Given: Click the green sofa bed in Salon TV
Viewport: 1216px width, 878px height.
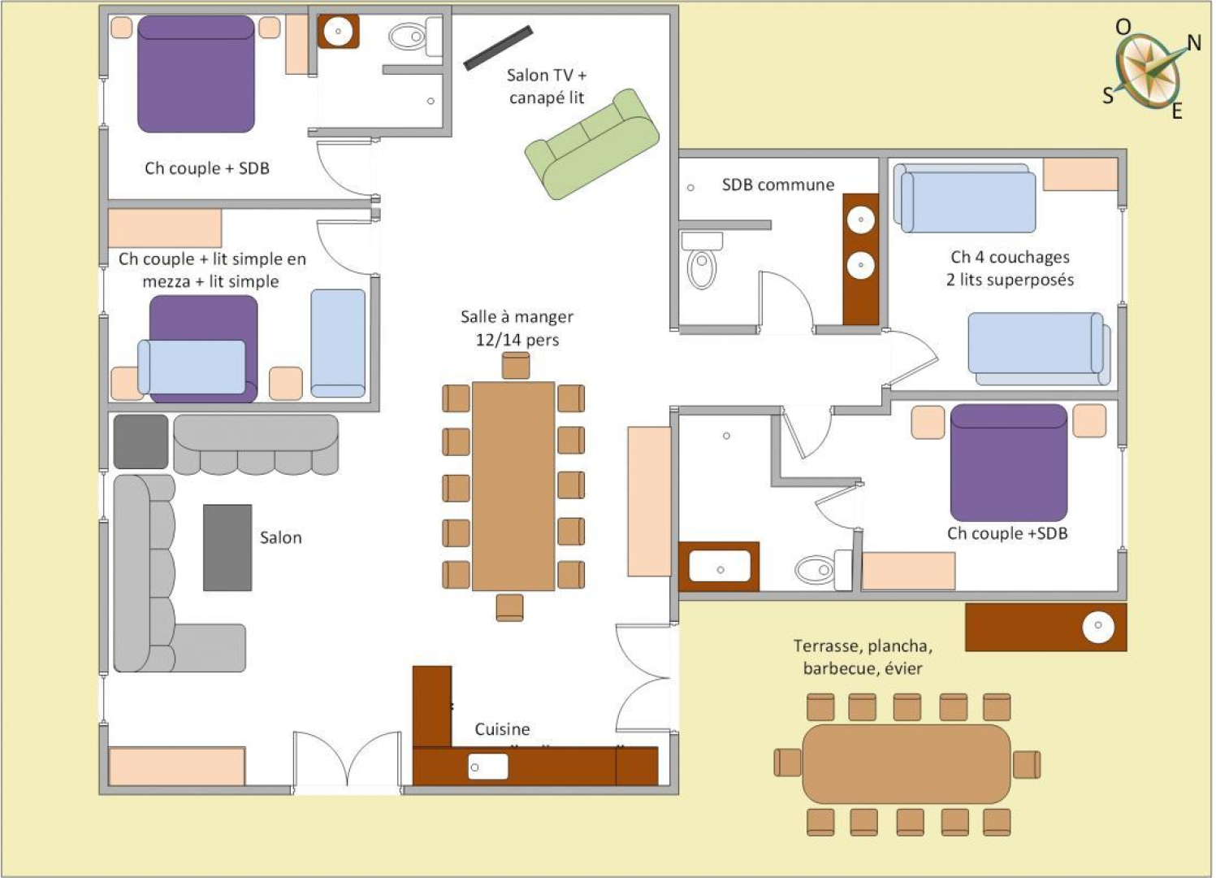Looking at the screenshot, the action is [x=592, y=145].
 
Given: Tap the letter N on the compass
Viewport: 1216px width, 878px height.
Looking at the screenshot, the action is [x=1194, y=43].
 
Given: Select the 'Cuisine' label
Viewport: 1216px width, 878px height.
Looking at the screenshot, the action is [x=502, y=729].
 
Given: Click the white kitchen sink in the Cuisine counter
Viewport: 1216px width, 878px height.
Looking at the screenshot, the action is [x=488, y=767].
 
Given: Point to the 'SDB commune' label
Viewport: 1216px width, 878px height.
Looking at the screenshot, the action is [x=778, y=185].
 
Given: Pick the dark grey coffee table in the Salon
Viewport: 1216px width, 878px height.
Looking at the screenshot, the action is [x=227, y=548].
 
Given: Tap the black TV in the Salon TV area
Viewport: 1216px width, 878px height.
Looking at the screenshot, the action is [x=498, y=48].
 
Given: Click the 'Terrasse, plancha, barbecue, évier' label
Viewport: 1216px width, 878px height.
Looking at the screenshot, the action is [x=863, y=657].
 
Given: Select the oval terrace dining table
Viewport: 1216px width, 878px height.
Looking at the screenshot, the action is [x=907, y=764].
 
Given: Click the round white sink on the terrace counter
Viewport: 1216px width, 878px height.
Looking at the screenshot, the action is [x=1098, y=626].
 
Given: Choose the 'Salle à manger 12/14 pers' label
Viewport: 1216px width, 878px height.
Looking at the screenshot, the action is [x=517, y=328].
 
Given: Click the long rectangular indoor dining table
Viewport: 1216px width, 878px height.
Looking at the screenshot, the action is [x=513, y=486].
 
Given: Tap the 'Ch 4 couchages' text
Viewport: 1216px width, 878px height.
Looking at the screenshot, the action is [x=1010, y=257].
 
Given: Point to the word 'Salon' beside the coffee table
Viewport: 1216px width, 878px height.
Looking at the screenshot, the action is [x=281, y=537].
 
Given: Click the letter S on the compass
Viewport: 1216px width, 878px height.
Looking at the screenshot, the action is [x=1108, y=96].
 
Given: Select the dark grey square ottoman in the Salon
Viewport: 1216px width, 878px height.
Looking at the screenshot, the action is [x=141, y=441].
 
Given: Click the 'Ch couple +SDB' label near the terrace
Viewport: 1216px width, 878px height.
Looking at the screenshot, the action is [x=1007, y=533].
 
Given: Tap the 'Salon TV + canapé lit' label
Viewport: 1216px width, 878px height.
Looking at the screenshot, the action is [x=547, y=86].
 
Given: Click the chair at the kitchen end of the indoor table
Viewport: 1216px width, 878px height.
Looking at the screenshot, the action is [x=510, y=607].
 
